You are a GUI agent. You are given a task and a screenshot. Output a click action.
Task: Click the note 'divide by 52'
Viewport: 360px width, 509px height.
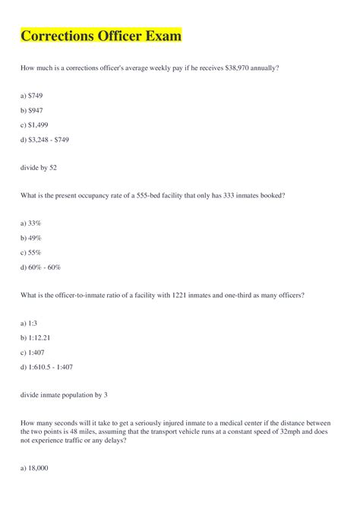(39, 167)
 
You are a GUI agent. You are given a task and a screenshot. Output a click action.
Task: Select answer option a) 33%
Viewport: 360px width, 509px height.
(31, 223)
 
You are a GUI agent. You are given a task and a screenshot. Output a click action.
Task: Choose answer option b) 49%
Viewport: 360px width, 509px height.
(31, 238)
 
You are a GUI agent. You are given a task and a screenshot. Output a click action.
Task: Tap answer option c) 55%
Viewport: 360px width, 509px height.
(31, 252)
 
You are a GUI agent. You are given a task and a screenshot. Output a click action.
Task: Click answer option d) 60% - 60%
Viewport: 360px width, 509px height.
(40, 267)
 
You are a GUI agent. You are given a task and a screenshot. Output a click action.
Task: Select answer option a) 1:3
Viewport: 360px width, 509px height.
(30, 323)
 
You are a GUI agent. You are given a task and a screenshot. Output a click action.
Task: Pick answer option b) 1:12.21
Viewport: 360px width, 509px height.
(36, 337)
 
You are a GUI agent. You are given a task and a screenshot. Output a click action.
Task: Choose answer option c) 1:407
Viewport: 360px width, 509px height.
(33, 352)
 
